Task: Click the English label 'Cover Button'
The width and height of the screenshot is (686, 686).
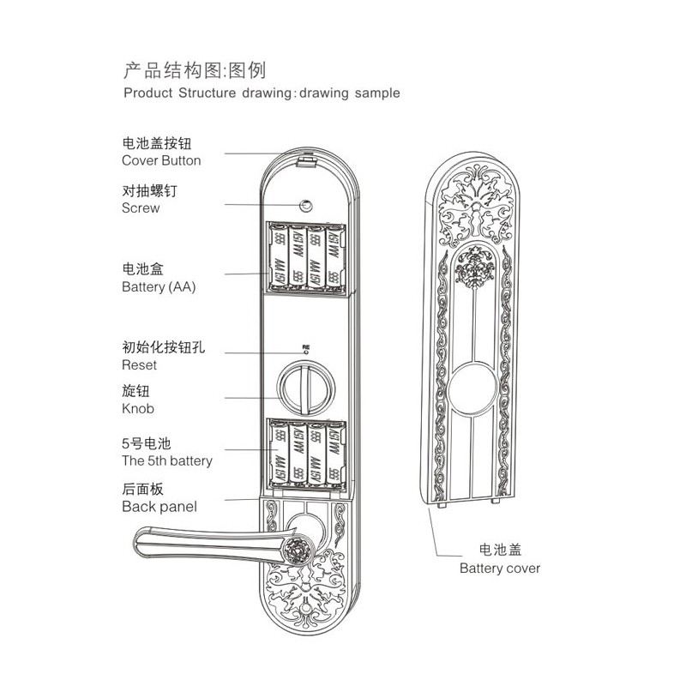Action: pyautogui.click(x=161, y=160)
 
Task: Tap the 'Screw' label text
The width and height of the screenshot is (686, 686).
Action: pyautogui.click(x=141, y=208)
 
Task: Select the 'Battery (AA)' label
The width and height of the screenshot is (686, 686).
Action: pyautogui.click(x=159, y=287)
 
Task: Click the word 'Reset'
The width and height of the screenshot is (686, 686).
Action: pyautogui.click(x=139, y=365)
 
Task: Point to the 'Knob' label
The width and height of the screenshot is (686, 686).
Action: pyautogui.click(x=138, y=409)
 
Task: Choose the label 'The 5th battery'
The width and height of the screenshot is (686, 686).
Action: pyautogui.click(x=167, y=460)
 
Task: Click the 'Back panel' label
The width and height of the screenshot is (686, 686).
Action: pyautogui.click(x=159, y=507)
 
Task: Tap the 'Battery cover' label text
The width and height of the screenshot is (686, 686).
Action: pyautogui.click(x=500, y=569)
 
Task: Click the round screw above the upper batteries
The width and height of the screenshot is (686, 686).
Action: pyautogui.click(x=305, y=205)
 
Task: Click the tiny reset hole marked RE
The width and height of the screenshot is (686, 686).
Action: pyautogui.click(x=306, y=352)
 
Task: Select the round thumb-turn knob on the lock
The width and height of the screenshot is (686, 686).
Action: pyautogui.click(x=306, y=388)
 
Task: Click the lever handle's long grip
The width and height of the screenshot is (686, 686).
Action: pyautogui.click(x=210, y=544)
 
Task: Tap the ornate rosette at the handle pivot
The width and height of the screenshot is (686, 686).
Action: pyautogui.click(x=298, y=550)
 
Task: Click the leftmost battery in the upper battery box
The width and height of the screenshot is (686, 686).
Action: pyautogui.click(x=279, y=256)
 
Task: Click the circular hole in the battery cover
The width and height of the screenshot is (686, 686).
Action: pyautogui.click(x=473, y=388)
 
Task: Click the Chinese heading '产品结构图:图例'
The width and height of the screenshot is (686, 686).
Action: pyautogui.click(x=195, y=70)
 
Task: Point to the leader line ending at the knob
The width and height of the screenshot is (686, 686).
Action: pyautogui.click(x=252, y=398)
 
